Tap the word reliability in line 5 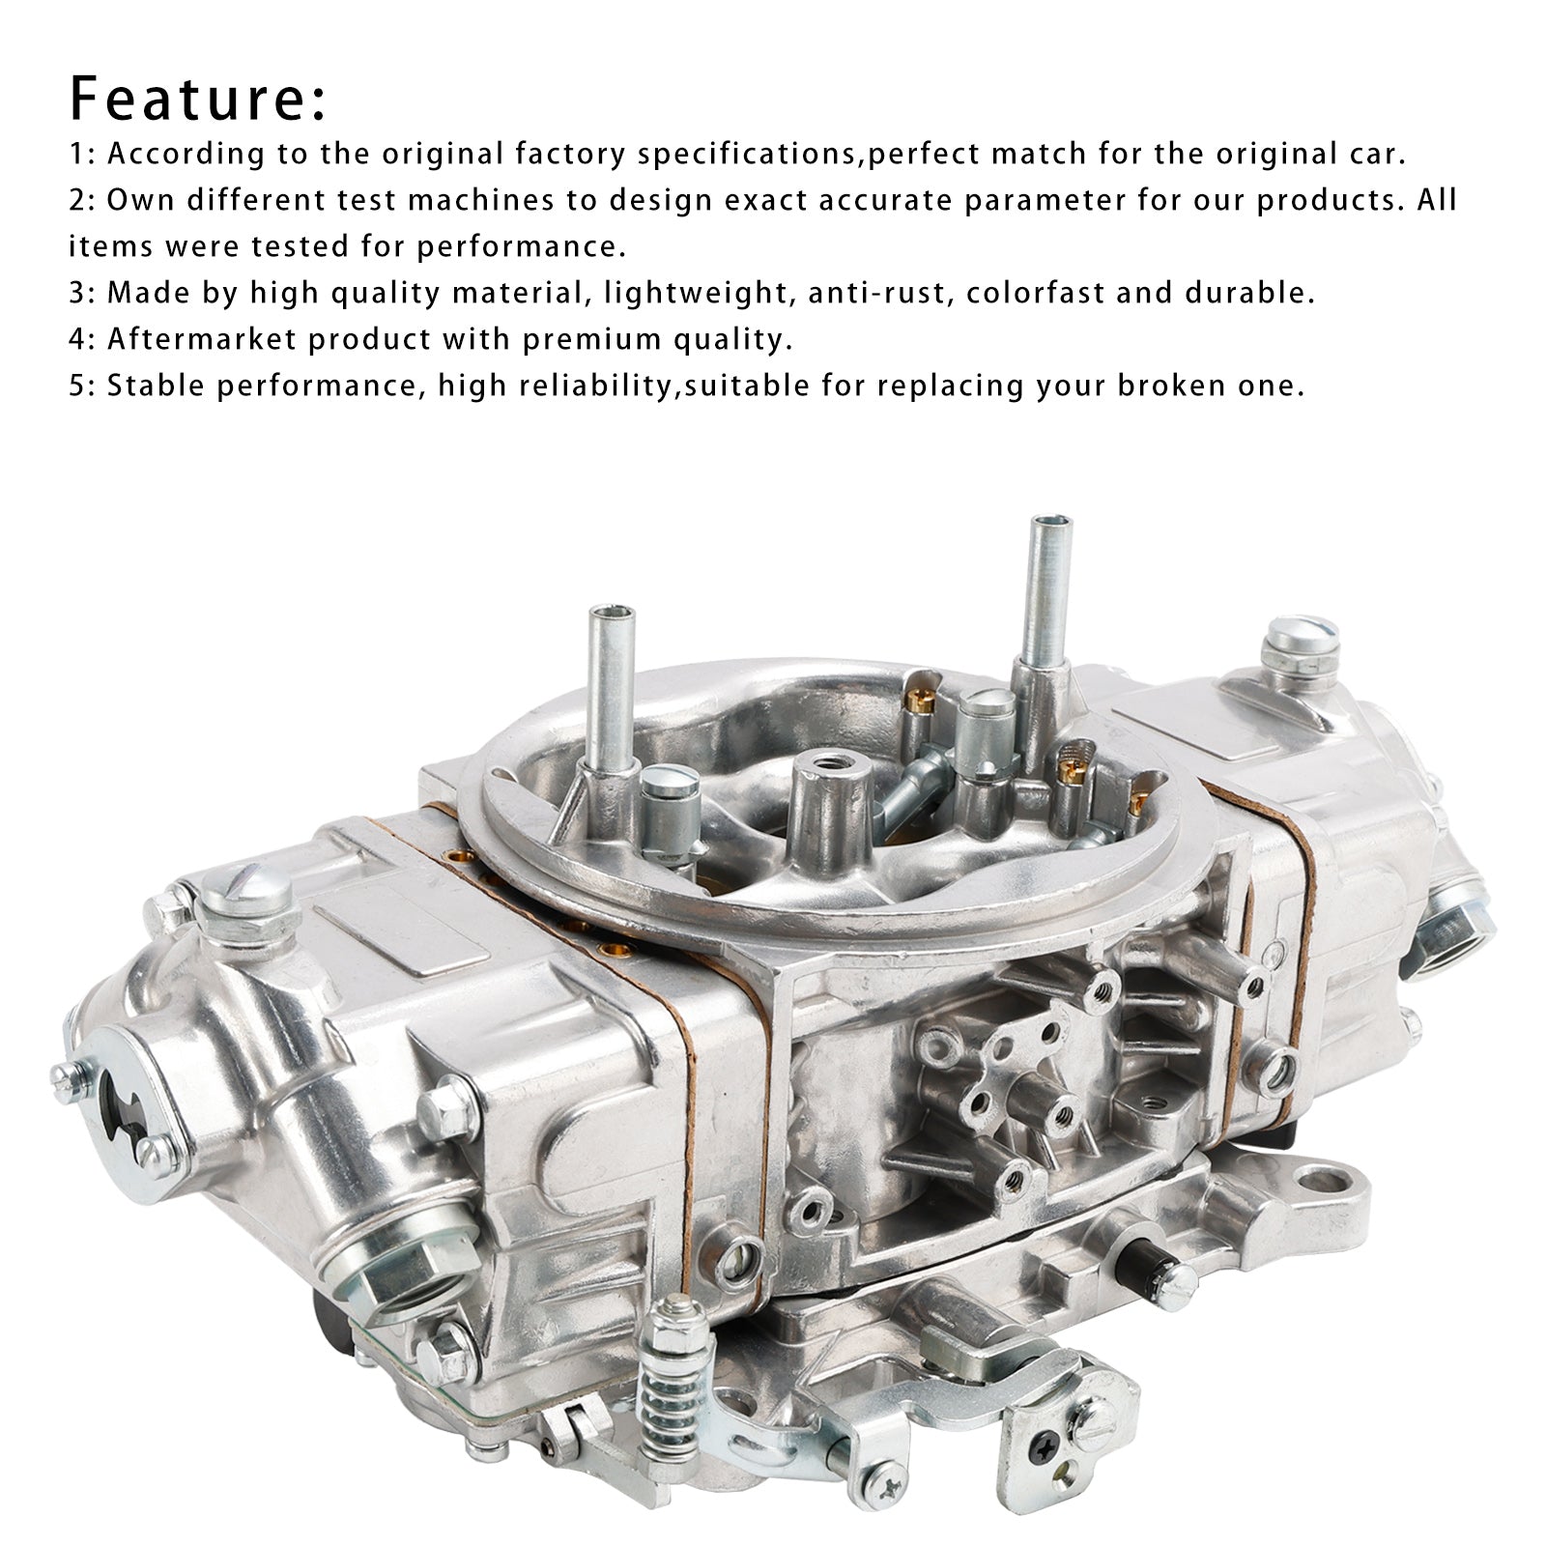[x=595, y=386]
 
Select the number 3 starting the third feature [x=75, y=293]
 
